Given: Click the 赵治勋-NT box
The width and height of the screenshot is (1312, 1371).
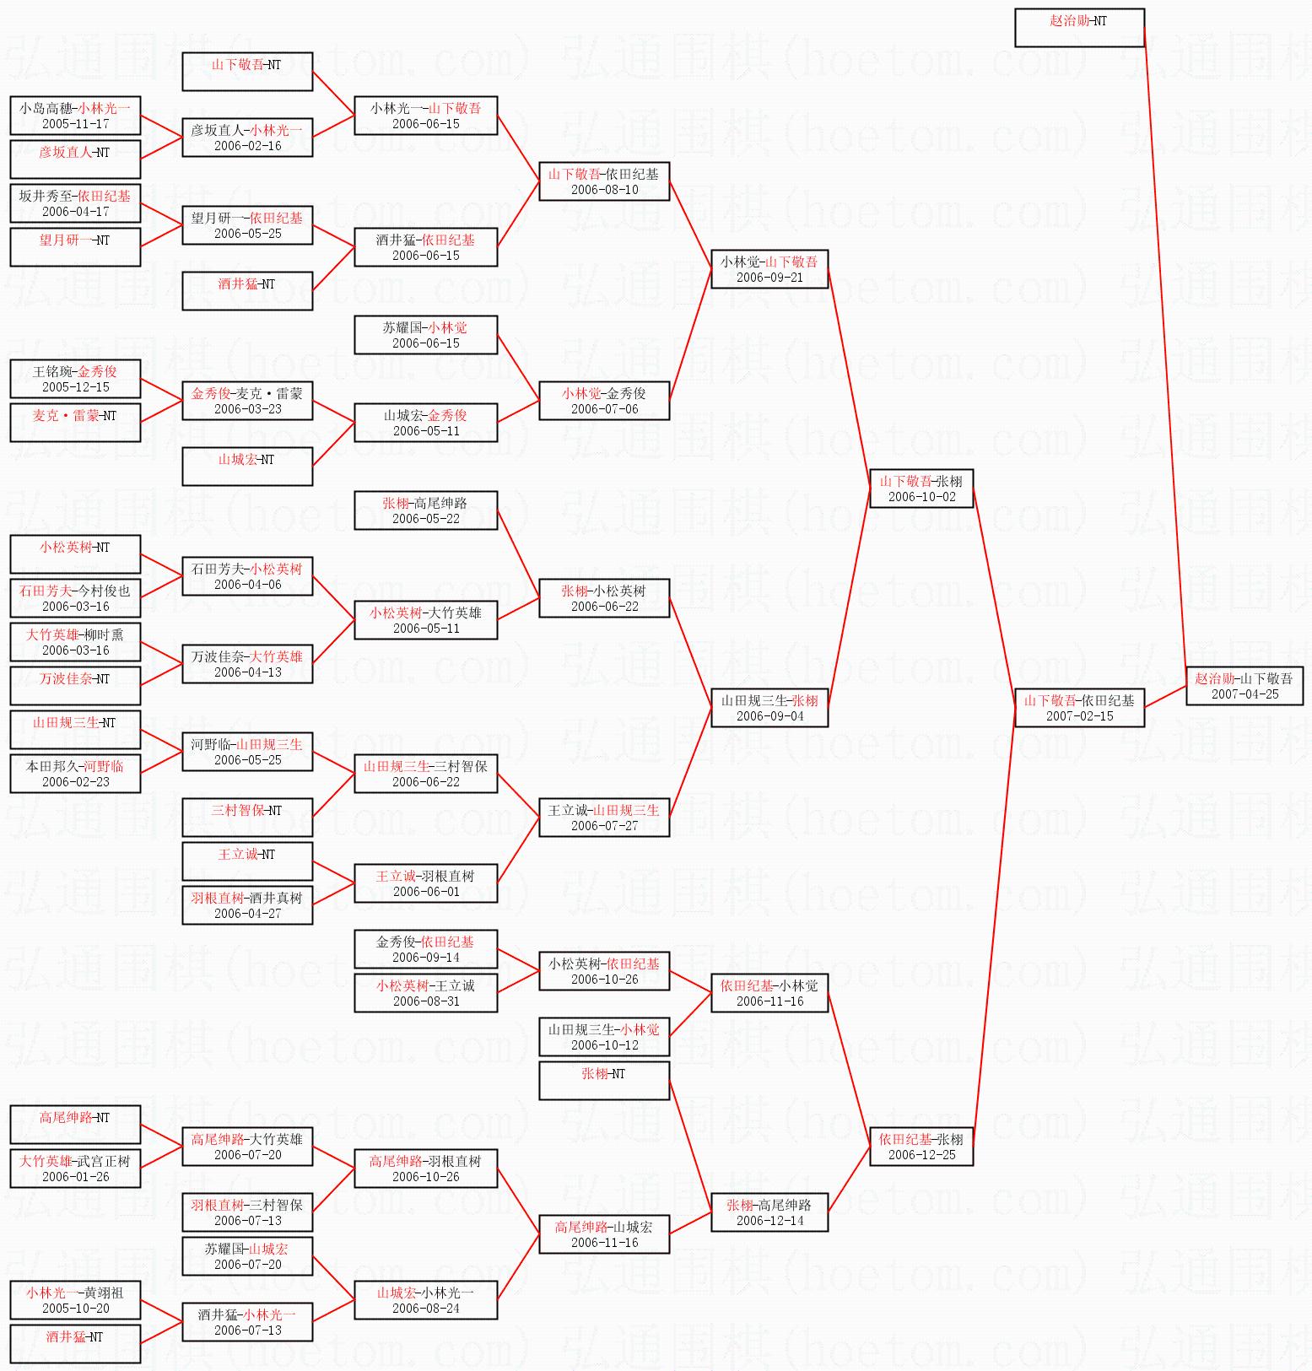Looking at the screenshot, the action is point(1079,28).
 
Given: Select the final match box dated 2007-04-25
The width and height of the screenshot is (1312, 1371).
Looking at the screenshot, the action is point(1245,686).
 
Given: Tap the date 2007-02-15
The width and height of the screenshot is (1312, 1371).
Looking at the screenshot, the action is point(1079,716).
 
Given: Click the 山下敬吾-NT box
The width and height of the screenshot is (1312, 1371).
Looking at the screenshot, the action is point(247,72).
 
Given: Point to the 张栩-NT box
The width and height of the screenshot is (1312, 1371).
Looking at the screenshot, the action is point(604,1081).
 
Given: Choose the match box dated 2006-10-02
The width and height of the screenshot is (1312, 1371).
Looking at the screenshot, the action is point(921,488).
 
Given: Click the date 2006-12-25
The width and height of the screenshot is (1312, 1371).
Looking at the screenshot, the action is point(921,1155).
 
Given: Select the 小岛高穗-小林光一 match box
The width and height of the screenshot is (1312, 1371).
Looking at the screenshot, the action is point(75,116).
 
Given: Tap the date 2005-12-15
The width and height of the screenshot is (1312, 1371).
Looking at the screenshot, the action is point(75,387).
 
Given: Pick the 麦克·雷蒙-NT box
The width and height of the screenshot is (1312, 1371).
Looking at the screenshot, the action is point(75,423).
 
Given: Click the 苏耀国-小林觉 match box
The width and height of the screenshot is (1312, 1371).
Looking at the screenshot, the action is point(425,335).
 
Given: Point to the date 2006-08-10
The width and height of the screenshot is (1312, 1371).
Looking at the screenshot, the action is point(604,190).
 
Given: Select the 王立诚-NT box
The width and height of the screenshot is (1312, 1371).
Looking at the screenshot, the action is point(247,861).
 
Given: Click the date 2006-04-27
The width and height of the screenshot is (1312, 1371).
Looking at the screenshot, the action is point(247,914).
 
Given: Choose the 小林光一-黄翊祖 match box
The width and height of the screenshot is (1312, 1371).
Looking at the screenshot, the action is point(75,1300).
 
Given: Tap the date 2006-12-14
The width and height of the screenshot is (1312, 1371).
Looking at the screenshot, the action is point(769,1221).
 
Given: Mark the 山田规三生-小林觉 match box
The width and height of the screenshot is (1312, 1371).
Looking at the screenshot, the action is point(604,1037).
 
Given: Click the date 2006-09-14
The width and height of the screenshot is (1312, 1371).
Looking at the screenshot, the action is point(425,958).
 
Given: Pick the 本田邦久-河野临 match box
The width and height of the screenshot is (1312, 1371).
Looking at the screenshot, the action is point(75,774).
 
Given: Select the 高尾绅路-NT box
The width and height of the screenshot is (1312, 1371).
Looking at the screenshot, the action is point(75,1125).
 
